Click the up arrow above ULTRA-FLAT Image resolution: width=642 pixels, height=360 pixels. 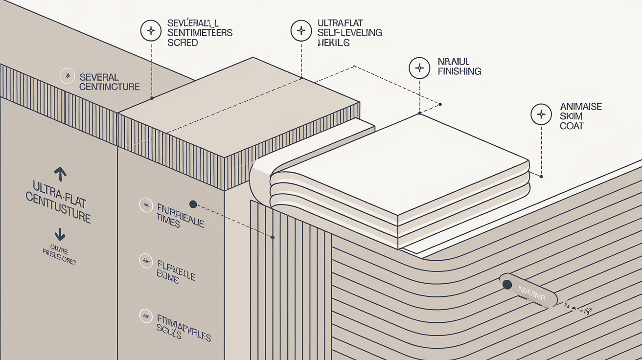coord(60,173)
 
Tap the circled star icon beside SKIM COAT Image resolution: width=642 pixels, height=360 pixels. coord(541,114)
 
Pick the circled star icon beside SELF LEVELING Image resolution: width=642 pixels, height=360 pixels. coord(300,30)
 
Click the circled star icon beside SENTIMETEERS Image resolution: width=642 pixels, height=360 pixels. coord(150,30)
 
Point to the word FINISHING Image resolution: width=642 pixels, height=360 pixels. coord(459,71)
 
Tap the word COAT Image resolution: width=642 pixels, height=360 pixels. coord(572,126)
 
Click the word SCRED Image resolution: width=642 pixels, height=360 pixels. coord(183,43)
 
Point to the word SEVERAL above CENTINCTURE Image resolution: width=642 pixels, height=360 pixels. coord(99,77)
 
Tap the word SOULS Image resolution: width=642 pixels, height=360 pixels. coord(169,334)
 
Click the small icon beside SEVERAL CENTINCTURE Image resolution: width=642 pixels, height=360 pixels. coord(67,76)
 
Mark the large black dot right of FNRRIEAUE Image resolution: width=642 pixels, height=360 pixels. coord(193,204)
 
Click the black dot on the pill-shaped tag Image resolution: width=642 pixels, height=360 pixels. coord(507,284)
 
